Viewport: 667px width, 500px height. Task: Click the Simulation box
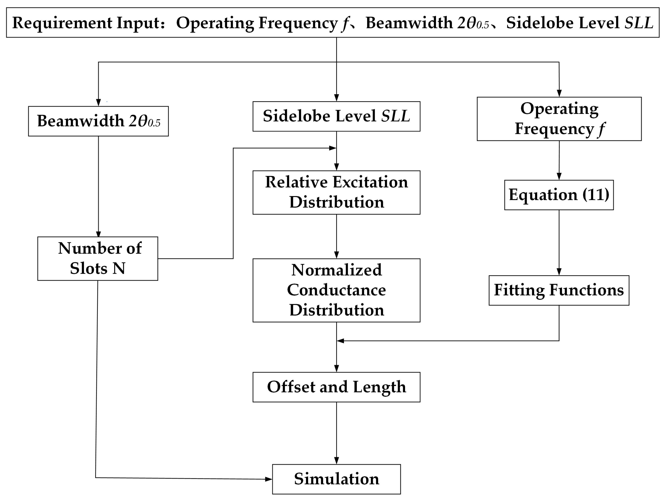[336, 479]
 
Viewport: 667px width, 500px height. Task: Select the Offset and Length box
[336, 387]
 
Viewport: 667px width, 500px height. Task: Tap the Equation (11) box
[559, 195]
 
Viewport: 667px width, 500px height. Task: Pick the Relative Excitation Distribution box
[336, 192]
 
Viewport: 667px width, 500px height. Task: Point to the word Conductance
[336, 290]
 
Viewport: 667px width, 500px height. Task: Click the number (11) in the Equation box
[596, 195]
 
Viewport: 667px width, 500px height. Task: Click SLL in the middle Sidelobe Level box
[396, 116]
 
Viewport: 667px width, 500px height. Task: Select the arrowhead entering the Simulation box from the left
[268, 479]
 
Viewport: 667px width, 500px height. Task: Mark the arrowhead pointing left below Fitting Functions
[340, 341]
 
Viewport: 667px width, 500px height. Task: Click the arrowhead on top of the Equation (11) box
[559, 177]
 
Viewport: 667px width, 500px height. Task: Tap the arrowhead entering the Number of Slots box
[98, 234]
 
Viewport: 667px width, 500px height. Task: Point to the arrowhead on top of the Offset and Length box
[336, 369]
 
